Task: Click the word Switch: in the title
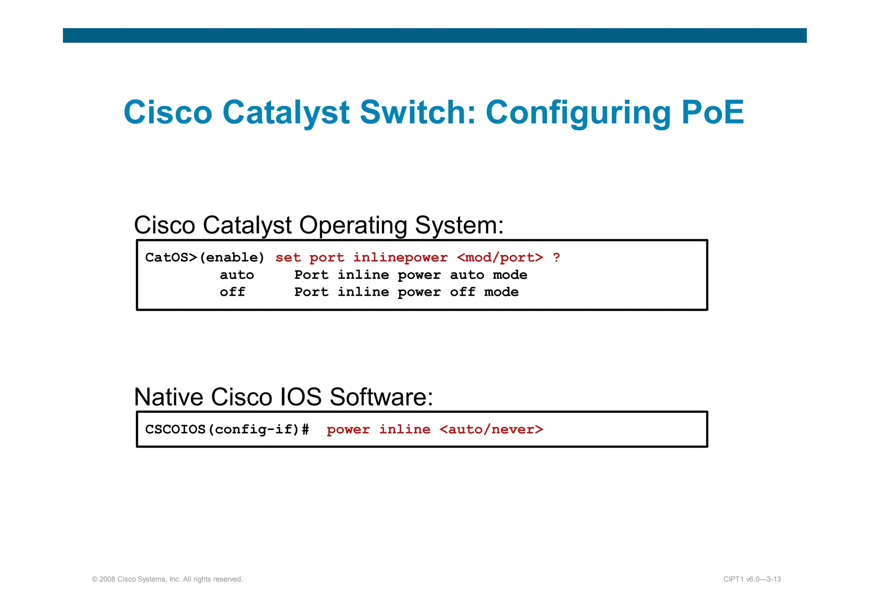[418, 112]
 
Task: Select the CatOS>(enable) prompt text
[205, 258]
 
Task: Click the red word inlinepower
[400, 258]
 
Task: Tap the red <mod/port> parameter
[500, 258]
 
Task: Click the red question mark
[556, 258]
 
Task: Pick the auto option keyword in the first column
[237, 275]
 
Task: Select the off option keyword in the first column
[232, 292]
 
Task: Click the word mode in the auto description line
[510, 275]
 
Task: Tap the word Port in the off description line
[311, 292]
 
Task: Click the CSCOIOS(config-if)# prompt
[227, 429]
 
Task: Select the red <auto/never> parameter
[491, 429]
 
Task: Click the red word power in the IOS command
[348, 429]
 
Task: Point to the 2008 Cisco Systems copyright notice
[167, 579]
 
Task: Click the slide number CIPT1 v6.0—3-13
[752, 579]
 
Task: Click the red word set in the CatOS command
[288, 258]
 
